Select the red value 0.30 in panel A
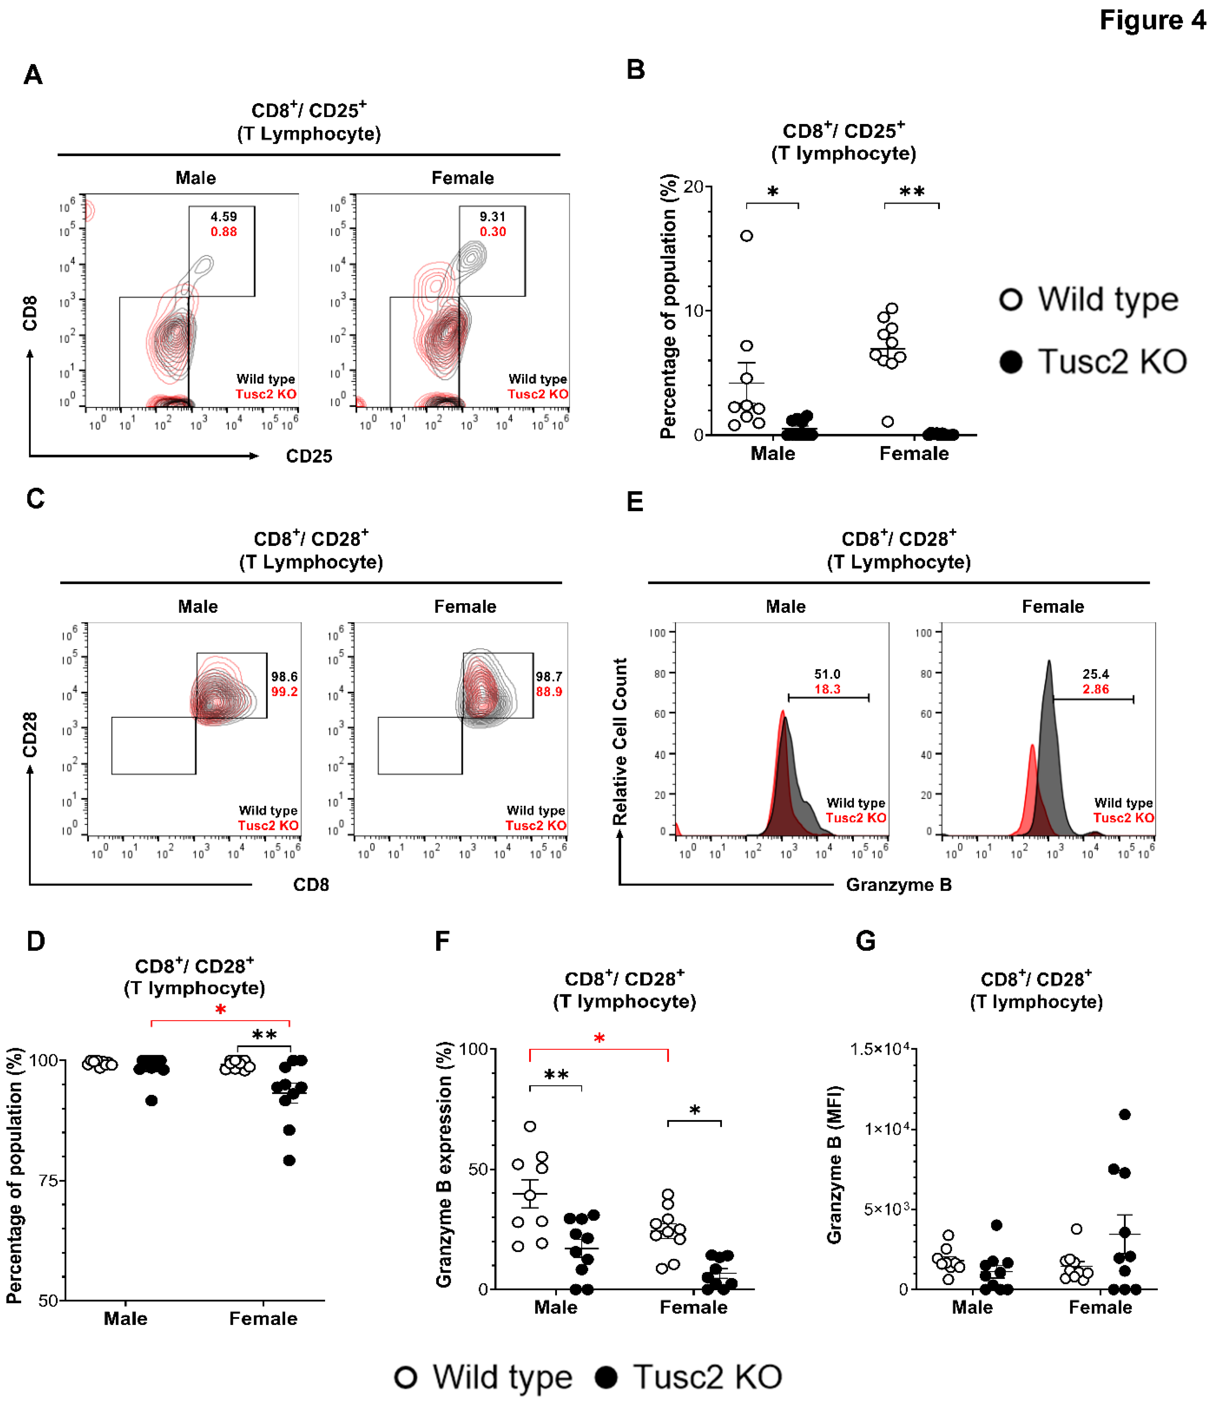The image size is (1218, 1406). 493,232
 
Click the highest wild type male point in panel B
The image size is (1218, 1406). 746,236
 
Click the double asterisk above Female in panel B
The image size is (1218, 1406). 911,192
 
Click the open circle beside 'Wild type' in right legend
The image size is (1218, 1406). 1011,300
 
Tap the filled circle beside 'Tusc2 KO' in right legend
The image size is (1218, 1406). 1011,361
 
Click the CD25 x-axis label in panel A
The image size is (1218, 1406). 309,456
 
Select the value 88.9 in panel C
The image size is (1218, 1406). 549,692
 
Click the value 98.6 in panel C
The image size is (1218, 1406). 284,677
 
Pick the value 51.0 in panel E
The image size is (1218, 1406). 827,674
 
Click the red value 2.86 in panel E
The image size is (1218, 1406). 1096,689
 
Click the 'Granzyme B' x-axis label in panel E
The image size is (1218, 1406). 899,885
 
